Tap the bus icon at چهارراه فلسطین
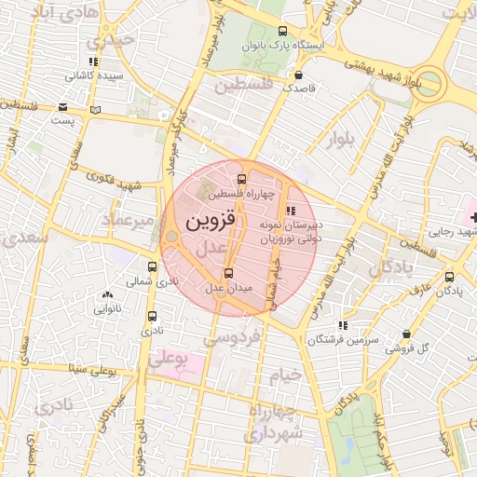242,178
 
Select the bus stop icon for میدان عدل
229,273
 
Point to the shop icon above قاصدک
298,76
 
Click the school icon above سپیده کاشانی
93,61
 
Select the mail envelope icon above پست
62,106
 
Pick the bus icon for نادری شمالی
153,266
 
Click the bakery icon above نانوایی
105,295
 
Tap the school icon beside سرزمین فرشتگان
344,325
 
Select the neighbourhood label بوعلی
170,357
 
